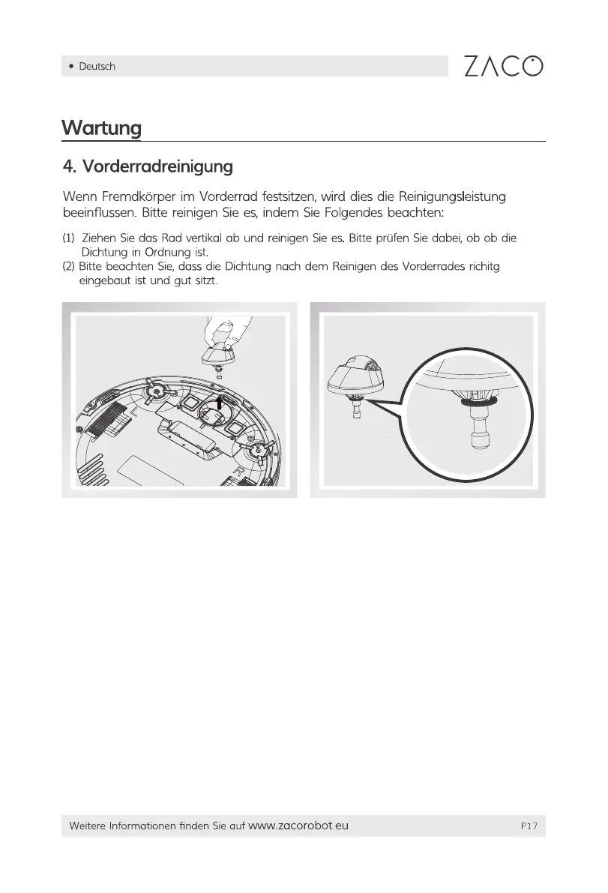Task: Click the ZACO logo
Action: click(x=503, y=66)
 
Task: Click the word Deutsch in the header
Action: click(x=97, y=67)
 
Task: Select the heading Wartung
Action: click(x=101, y=127)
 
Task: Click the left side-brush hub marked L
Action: click(x=155, y=391)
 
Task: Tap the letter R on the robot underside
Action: click(x=237, y=473)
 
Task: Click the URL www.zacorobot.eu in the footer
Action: click(x=298, y=826)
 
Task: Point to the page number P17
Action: click(x=529, y=826)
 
